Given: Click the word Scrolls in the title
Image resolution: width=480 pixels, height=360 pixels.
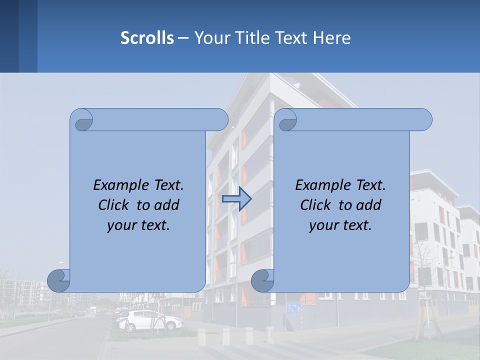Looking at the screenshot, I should pos(147,38).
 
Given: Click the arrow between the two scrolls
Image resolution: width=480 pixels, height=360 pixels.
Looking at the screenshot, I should pos(236,199).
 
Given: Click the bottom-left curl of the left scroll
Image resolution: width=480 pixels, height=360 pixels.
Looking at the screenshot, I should pos(58,280).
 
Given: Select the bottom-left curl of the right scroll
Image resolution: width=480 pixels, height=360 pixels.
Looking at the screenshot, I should pos(262,280).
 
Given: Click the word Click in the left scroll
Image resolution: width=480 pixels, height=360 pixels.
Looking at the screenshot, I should pos(114,205).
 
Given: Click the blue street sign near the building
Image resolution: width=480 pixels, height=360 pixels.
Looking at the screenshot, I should pos(294,308).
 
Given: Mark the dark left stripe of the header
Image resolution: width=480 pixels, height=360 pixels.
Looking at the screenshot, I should pos(9,36).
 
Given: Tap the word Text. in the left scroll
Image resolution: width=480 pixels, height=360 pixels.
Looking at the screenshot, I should pos(169,185).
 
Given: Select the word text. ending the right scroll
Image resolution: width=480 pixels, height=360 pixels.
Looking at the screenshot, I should pos(356,225).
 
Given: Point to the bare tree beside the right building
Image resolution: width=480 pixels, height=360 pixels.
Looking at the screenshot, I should pos(423,265).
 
